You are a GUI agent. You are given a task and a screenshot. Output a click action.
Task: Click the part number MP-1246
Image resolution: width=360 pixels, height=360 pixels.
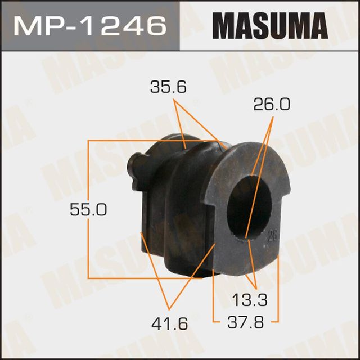90,25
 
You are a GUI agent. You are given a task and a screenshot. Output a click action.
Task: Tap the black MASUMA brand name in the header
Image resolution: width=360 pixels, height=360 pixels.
269,25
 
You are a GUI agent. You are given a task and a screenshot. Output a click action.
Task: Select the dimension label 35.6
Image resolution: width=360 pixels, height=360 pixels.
168,88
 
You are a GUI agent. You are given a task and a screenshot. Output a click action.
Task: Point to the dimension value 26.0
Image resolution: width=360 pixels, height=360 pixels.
272,105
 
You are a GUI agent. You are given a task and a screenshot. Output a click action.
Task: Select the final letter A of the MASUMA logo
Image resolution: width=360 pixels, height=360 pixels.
316,25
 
